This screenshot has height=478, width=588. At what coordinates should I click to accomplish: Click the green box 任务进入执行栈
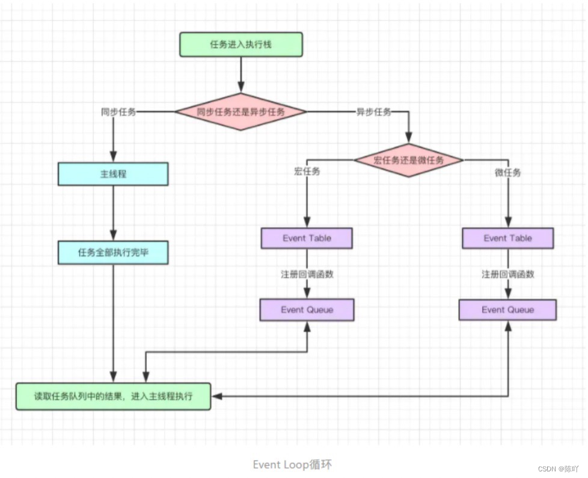pos(240,45)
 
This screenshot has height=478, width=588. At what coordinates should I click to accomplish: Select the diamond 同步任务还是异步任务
pos(240,111)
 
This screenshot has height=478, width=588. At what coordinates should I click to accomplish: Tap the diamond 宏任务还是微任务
pos(409,160)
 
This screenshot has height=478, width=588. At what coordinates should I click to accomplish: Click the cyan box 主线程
pos(113,174)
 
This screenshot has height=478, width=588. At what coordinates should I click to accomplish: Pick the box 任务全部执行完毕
pos(113,252)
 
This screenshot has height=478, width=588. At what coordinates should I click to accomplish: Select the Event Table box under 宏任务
pos(307,238)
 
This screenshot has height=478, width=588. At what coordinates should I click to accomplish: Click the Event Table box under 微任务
pos(508,238)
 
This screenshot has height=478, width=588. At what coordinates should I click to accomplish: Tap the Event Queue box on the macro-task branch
pos(307,310)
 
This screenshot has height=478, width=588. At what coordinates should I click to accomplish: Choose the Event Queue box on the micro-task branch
pos(508,310)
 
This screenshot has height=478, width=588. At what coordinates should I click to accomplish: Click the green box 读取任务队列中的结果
pos(113,396)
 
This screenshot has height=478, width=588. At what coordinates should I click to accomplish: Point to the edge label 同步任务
pos(118,111)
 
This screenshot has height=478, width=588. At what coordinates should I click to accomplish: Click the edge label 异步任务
pos(373,111)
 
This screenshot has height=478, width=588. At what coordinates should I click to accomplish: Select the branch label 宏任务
pos(307,171)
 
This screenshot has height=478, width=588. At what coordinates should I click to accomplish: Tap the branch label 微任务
pos(508,172)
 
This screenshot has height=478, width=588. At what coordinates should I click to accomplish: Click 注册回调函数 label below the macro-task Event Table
pos(307,274)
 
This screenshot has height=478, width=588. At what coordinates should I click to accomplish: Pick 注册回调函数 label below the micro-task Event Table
pos(508,274)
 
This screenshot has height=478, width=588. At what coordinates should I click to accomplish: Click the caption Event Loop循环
pos(292,465)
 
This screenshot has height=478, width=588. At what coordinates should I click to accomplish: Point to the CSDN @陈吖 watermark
pos(558,468)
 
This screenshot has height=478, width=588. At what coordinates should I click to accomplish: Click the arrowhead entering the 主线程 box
pos(113,157)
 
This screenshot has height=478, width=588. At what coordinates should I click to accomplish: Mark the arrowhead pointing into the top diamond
pos(240,87)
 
